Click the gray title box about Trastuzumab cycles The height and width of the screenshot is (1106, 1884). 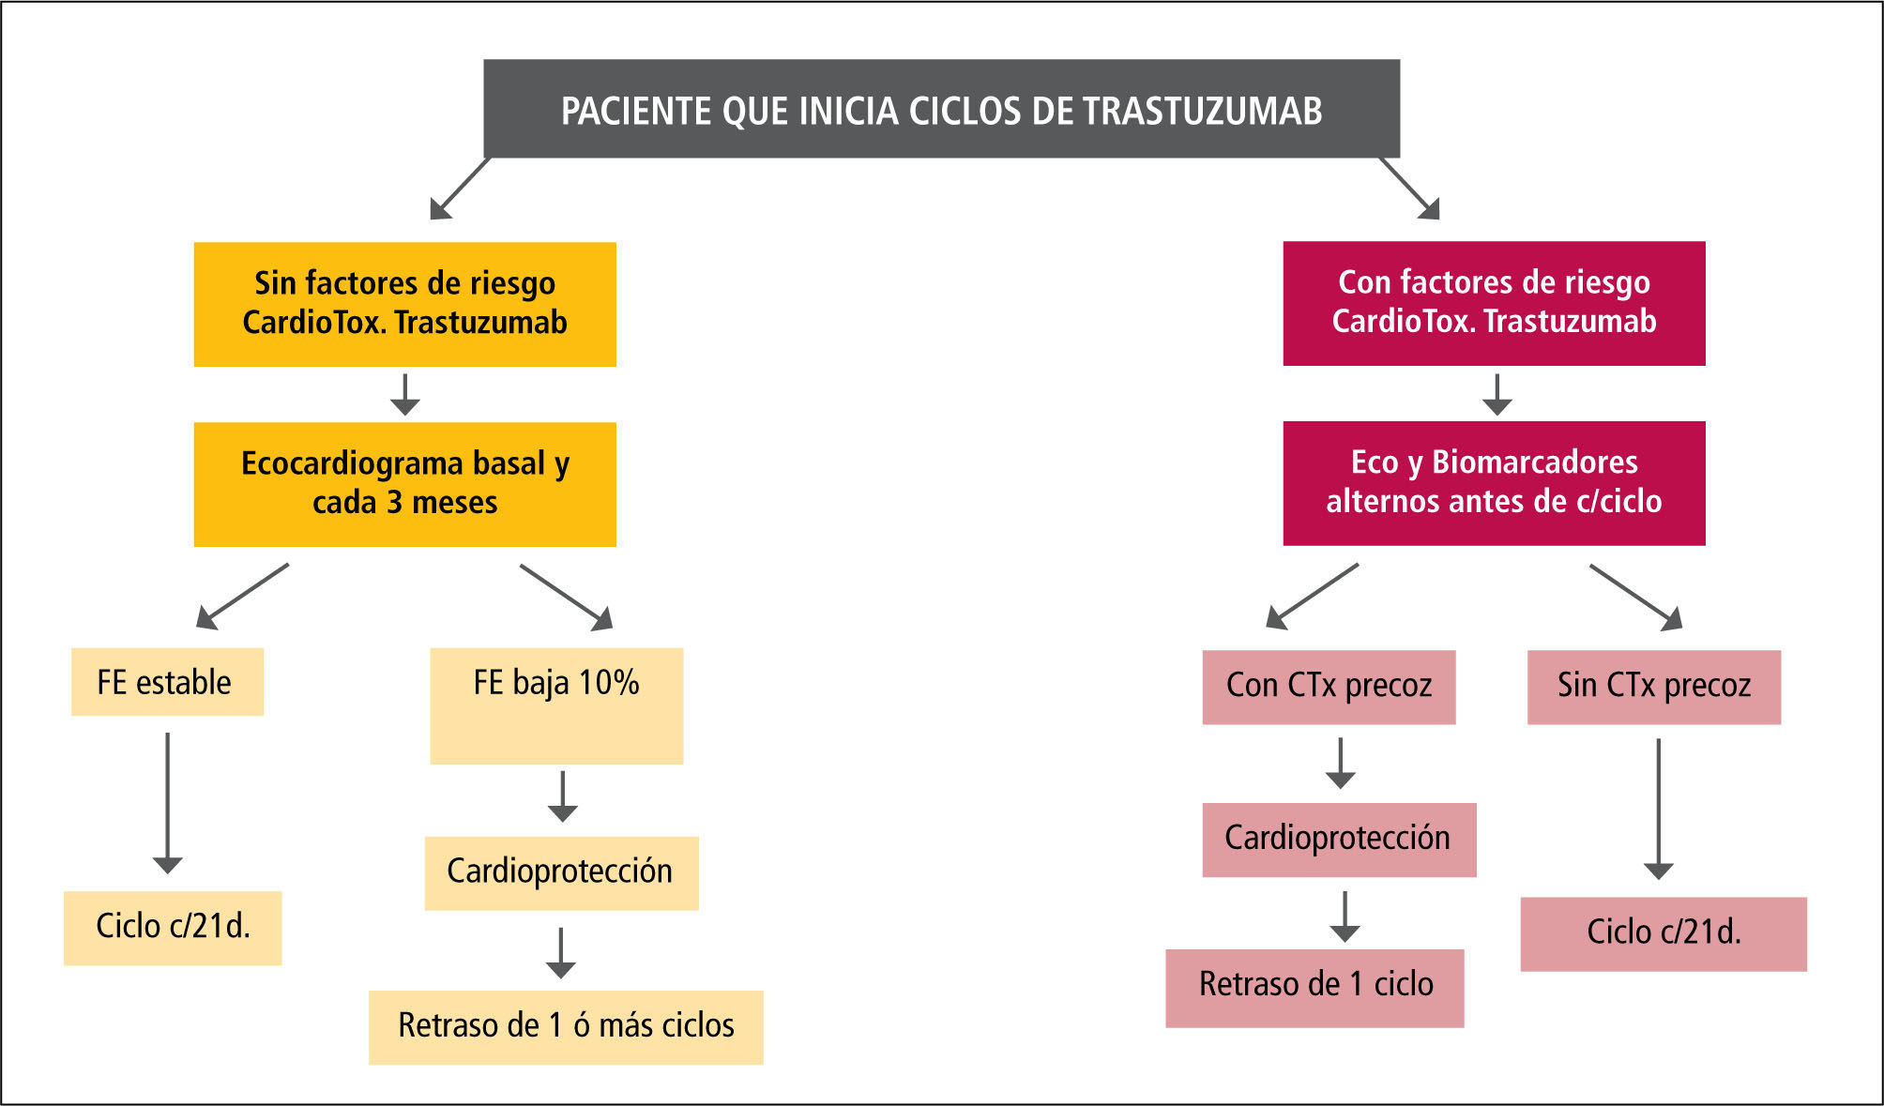pyautogui.click(x=941, y=109)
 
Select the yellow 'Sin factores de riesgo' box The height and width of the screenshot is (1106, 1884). pyautogui.click(x=404, y=304)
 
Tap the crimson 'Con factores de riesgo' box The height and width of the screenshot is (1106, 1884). pyautogui.click(x=1494, y=303)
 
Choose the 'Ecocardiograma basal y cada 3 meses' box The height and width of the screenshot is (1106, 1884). pyautogui.click(x=404, y=484)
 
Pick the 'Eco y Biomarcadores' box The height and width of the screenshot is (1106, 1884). pyautogui.click(x=1494, y=483)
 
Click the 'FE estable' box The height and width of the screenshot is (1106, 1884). pyautogui.click(x=167, y=682)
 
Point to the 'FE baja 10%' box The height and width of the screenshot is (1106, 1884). pyautogui.click(x=556, y=705)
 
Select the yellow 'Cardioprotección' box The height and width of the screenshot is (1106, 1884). pyautogui.click(x=561, y=872)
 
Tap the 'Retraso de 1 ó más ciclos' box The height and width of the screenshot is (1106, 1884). pyautogui.click(x=566, y=1027)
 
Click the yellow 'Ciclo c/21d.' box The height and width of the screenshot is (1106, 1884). pyautogui.click(x=173, y=928)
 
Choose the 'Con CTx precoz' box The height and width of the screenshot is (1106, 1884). pyautogui.click(x=1329, y=687)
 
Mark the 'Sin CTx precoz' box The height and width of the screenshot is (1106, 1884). pyautogui.click(x=1653, y=687)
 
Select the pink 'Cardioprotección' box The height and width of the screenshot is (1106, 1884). pyautogui.click(x=1339, y=840)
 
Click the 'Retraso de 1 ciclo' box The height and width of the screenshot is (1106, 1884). pyautogui.click(x=1314, y=988)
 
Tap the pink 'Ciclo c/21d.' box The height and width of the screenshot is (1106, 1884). pyautogui.click(x=1663, y=933)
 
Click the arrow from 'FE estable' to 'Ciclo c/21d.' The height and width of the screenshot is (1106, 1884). pyautogui.click(x=168, y=802)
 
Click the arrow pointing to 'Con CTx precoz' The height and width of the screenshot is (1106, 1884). pyautogui.click(x=1312, y=597)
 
